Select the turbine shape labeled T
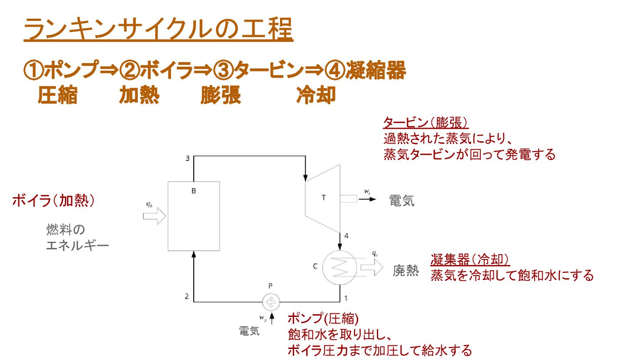[x=322, y=198]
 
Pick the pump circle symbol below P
[x=270, y=302]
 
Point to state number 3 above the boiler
[x=187, y=159]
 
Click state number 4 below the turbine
[x=346, y=236]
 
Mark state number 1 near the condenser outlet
[x=346, y=296]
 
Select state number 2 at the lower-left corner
[x=187, y=296]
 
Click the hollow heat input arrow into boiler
[x=154, y=216]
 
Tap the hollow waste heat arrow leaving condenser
[x=372, y=268]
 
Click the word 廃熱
[x=405, y=271]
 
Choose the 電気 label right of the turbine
[x=402, y=201]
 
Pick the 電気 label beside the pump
[x=249, y=331]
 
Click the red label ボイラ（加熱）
[x=53, y=201]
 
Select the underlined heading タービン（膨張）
[x=426, y=123]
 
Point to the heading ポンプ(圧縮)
[x=323, y=318]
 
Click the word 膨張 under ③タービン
[x=221, y=95]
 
